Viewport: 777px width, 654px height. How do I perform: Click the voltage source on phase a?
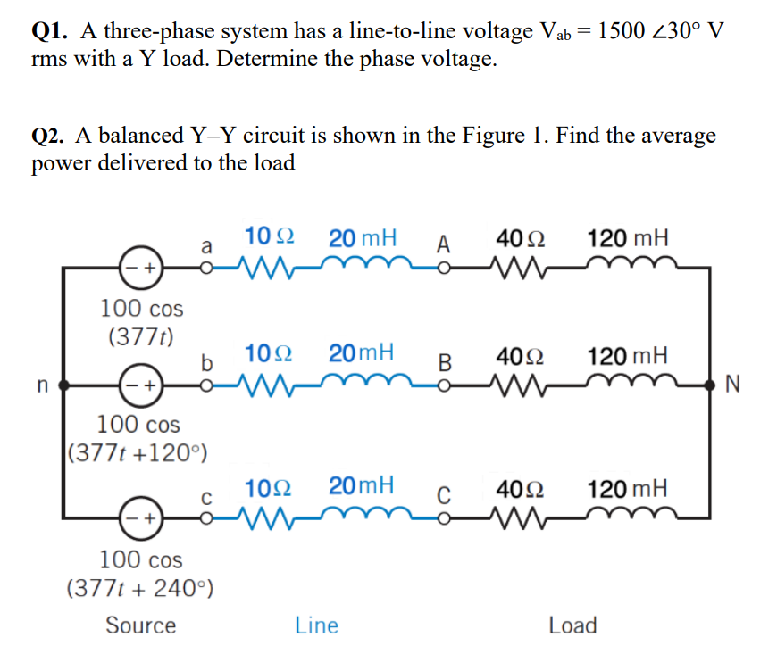[140, 267]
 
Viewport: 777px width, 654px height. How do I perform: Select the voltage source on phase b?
[140, 386]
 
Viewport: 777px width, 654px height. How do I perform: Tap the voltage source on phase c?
[140, 517]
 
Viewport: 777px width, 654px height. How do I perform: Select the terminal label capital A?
[445, 244]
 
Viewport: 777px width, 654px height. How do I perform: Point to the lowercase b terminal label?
[207, 363]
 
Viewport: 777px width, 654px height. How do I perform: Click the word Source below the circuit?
[140, 625]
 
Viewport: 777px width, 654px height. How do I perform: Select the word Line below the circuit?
[316, 625]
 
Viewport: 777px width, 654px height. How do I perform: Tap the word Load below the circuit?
[572, 625]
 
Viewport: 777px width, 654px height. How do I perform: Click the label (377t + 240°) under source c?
[139, 589]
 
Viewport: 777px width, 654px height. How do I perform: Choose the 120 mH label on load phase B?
[627, 354]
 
